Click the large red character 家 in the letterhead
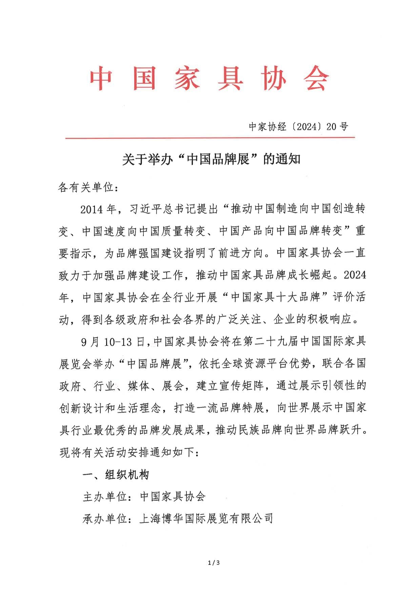[x=187, y=79]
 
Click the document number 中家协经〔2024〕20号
[x=298, y=127]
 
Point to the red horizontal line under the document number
[x=210, y=138]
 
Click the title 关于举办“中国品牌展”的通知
[x=211, y=159]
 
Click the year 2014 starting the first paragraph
[x=92, y=210]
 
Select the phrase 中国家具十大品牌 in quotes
[x=276, y=298]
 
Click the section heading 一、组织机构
[x=116, y=475]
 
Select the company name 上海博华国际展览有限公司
[x=206, y=519]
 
